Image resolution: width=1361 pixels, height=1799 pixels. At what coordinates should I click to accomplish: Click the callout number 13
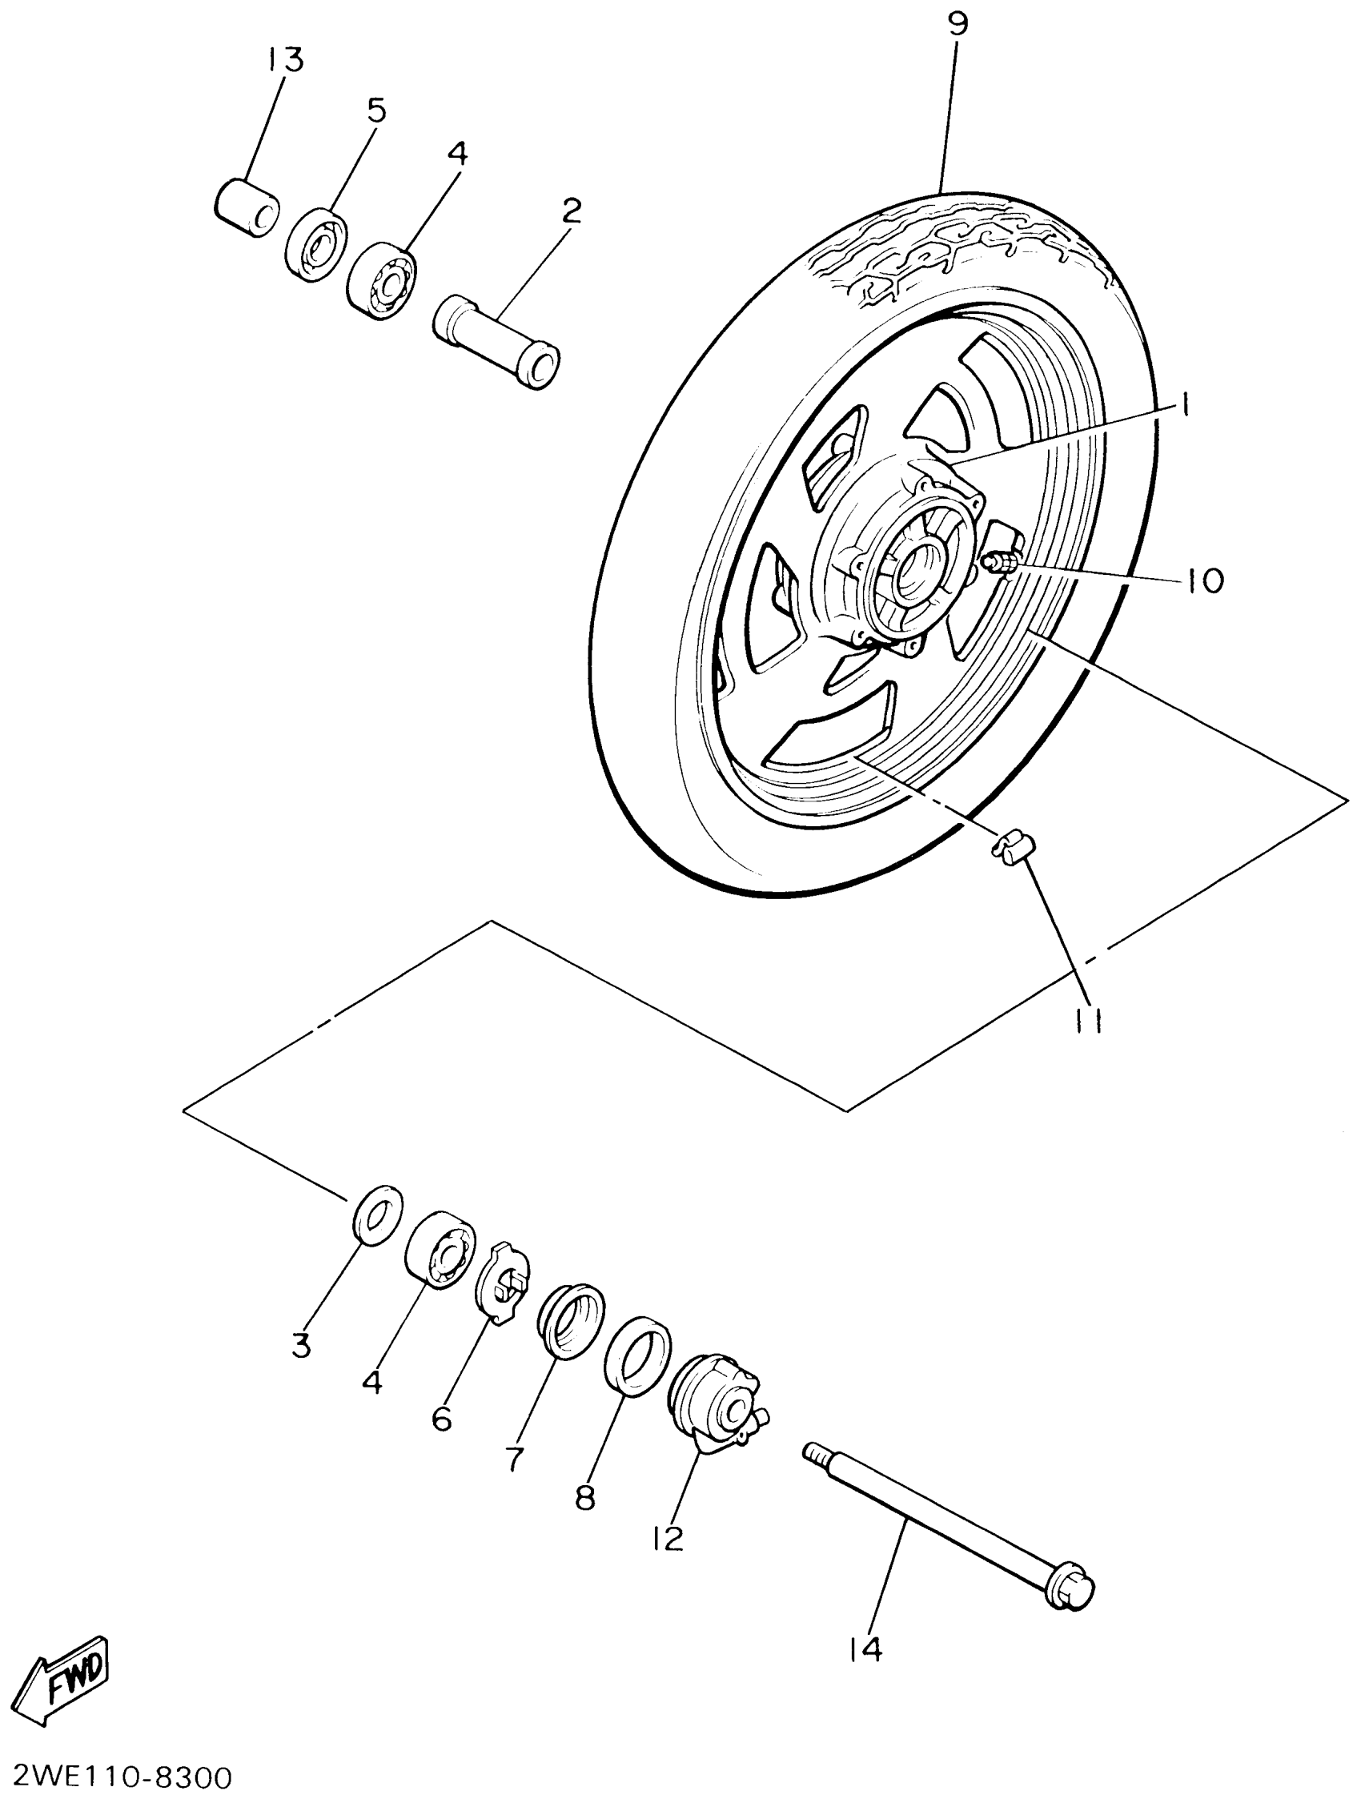283,60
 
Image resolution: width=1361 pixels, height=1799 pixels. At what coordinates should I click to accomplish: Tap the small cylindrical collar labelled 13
246,208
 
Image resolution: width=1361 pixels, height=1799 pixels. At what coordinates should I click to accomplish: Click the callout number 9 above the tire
958,24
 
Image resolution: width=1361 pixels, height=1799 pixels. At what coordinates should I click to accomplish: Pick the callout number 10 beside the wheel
1204,580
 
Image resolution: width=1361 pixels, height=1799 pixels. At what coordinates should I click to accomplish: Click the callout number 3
302,1347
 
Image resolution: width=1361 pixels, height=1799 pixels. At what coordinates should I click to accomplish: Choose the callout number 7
515,1458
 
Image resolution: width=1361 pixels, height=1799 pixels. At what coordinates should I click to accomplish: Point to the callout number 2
572,212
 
